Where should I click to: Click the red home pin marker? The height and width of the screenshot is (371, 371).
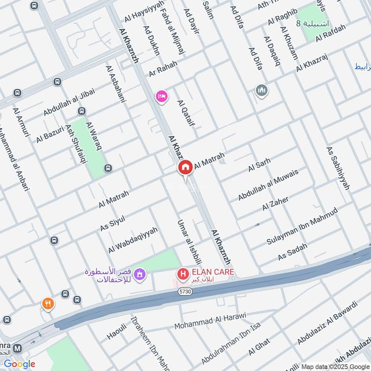coord(185,167)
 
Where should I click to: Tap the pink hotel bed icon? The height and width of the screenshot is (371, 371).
coord(162,96)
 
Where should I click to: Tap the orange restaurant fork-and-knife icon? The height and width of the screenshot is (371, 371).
coord(47,304)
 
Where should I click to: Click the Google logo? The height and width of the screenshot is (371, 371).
coord(19,364)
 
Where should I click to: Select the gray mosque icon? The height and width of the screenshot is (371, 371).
coord(262,90)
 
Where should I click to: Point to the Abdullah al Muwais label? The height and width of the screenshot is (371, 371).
coord(268,185)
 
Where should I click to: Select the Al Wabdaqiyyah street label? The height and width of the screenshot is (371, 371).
coord(133,240)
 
